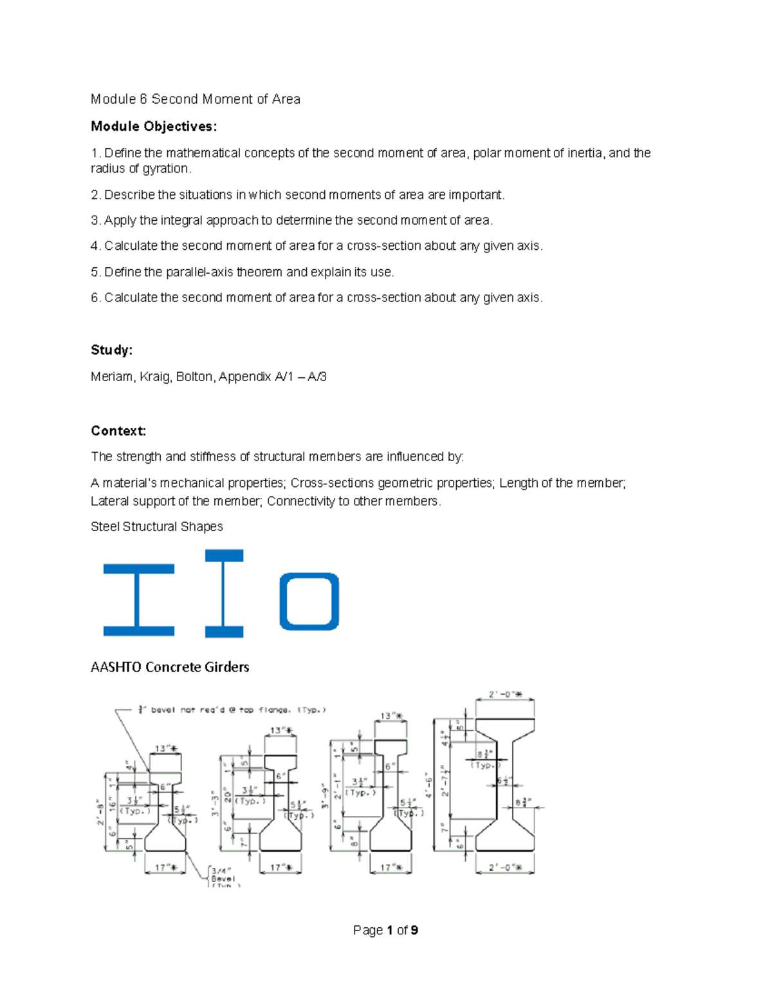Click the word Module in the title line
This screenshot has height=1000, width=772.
click(x=113, y=99)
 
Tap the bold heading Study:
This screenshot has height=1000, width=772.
click(x=111, y=350)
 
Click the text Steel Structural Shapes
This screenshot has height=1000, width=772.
click(x=157, y=527)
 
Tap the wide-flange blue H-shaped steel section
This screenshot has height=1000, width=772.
click(x=139, y=600)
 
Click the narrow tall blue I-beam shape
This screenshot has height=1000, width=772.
click(x=224, y=594)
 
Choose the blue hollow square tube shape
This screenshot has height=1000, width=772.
click(x=309, y=601)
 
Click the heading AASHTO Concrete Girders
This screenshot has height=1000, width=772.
click(x=170, y=667)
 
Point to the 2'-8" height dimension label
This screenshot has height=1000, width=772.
click(x=100, y=814)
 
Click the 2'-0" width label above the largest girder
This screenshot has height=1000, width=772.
click(x=505, y=695)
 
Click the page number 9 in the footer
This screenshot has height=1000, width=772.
click(x=414, y=930)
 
